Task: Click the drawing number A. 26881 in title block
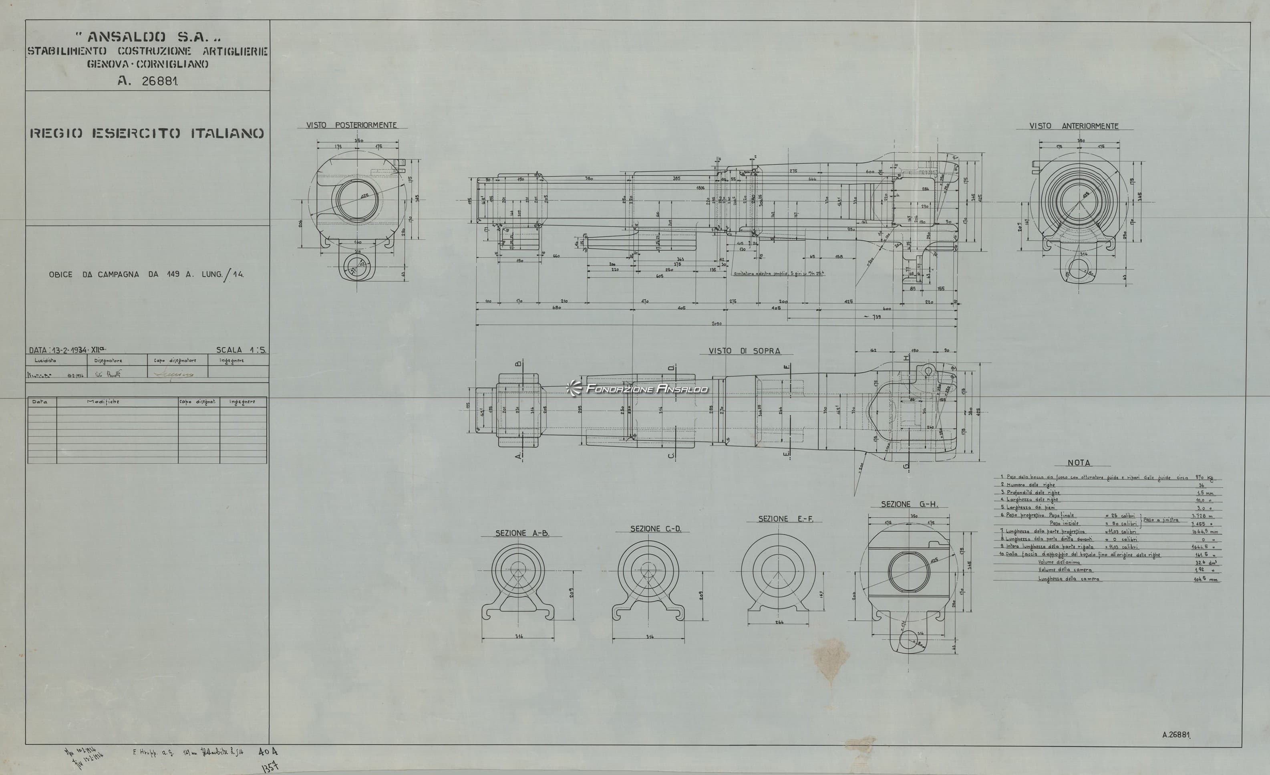147,81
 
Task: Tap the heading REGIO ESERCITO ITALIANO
147,133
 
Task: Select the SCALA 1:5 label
241,349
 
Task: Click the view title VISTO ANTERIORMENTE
1074,126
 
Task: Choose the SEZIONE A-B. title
522,533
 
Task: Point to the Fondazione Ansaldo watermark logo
638,388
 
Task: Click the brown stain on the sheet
831,659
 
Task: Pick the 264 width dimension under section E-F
779,622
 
